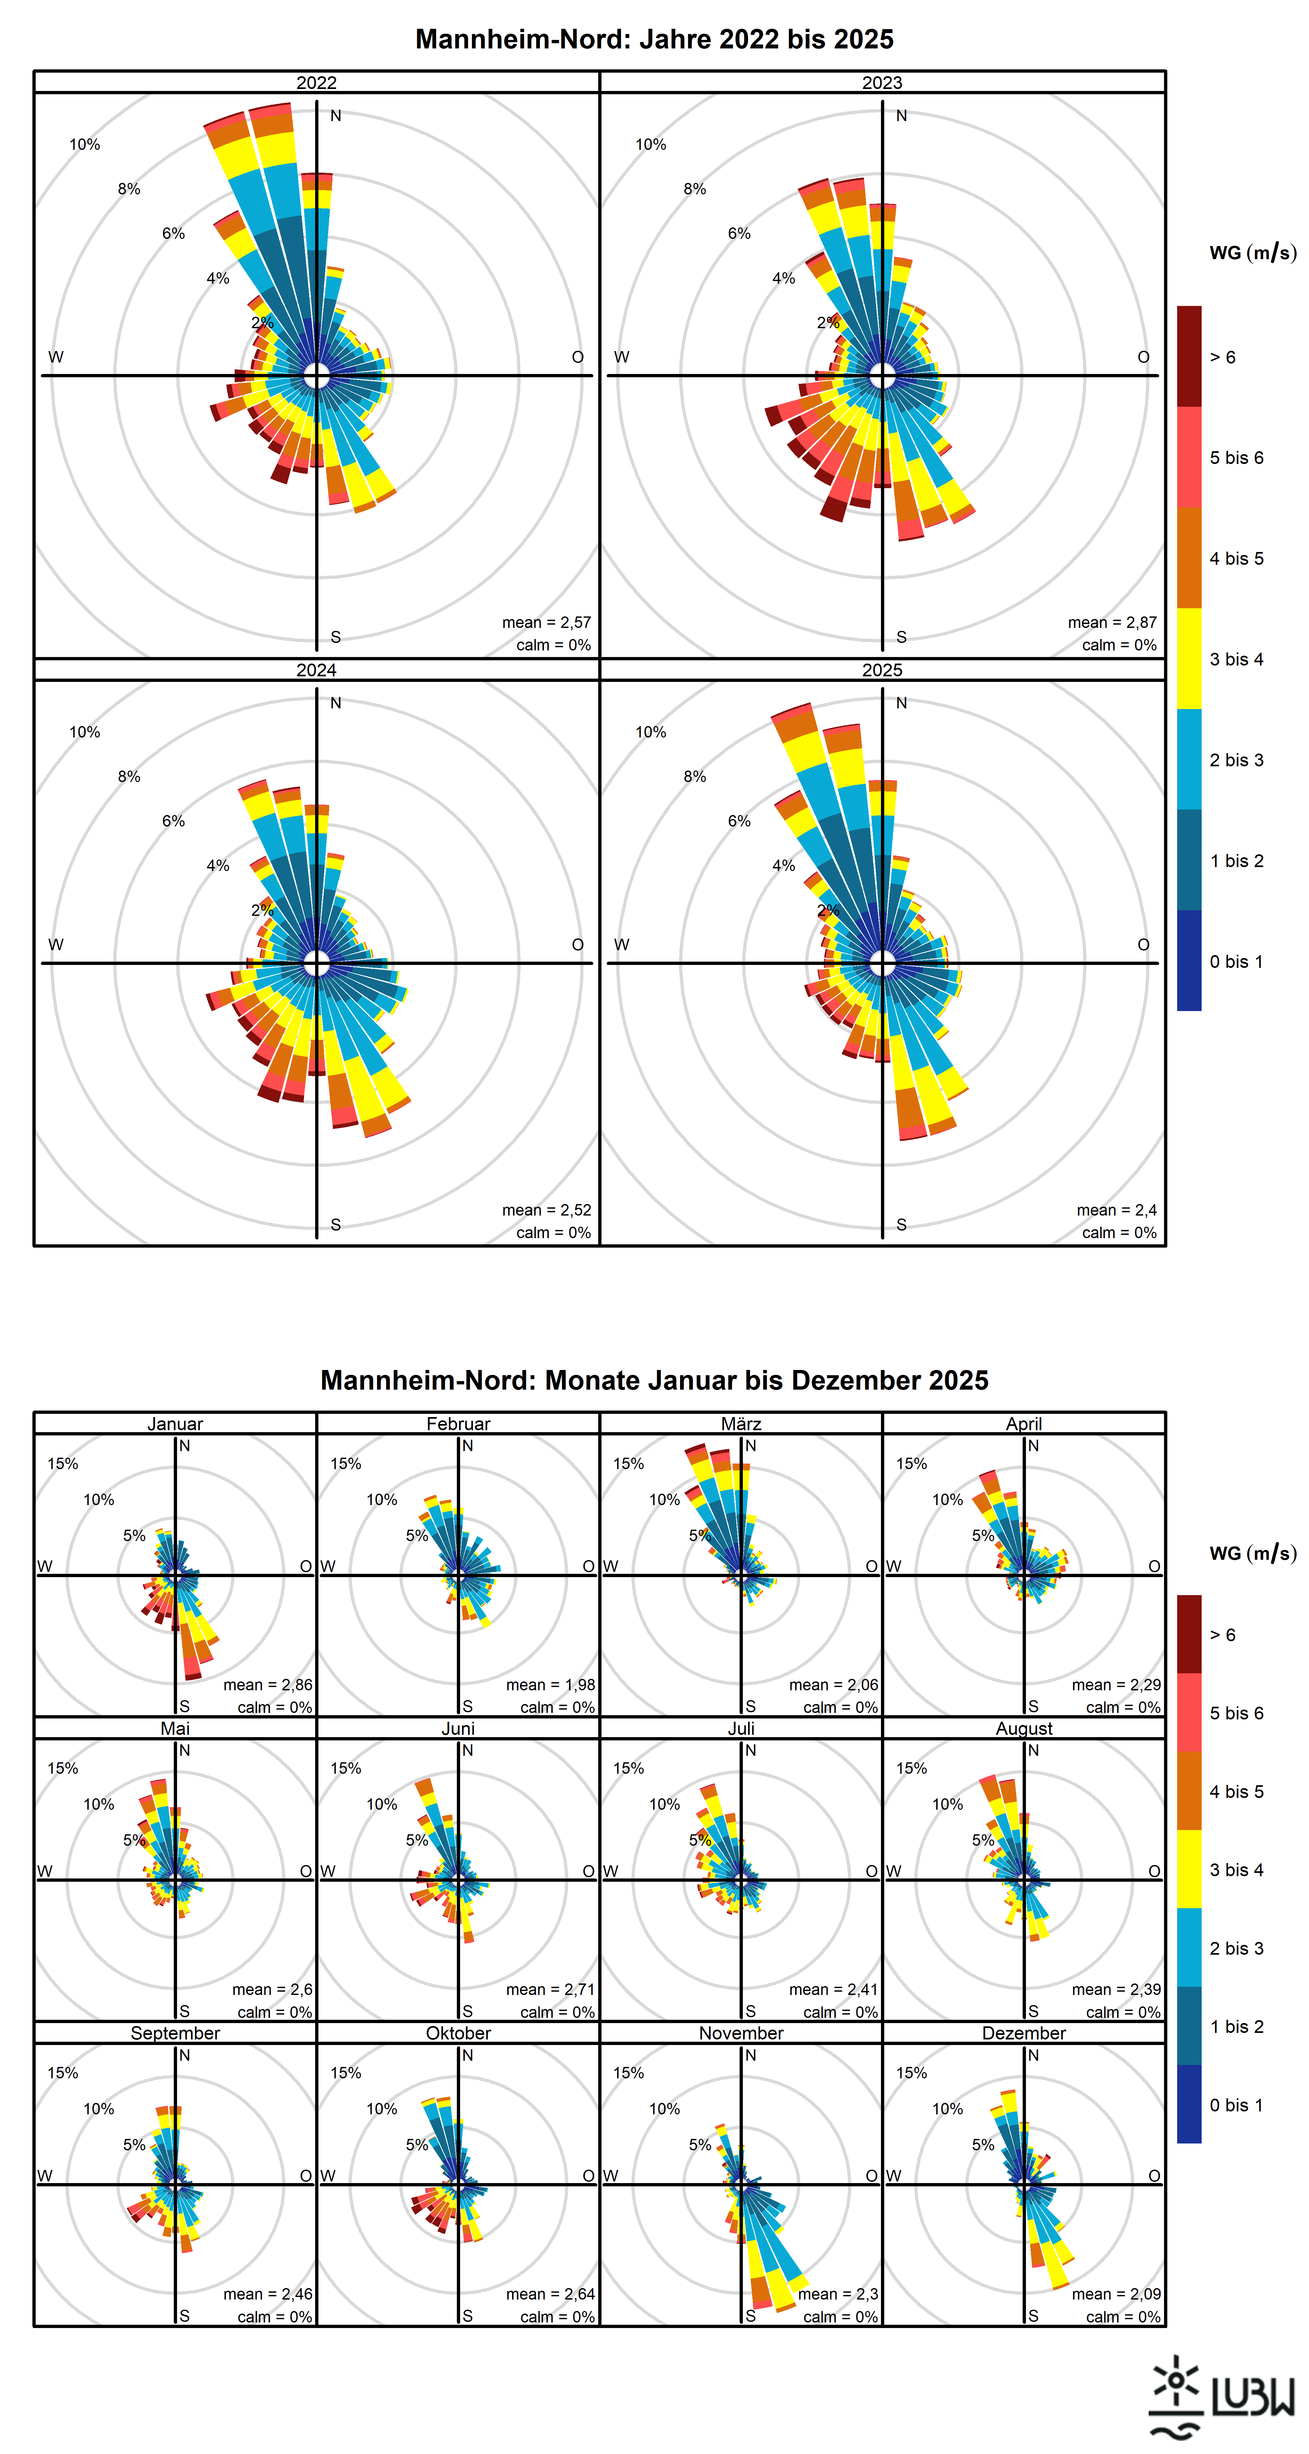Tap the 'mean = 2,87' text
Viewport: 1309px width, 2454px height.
point(1112,622)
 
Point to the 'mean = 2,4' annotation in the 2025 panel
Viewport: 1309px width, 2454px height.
point(1117,1210)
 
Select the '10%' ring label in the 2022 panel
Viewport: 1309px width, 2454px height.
point(85,145)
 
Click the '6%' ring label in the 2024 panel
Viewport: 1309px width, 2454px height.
point(173,821)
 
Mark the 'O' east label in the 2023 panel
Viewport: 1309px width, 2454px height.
point(1143,357)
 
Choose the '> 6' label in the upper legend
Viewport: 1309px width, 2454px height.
point(1222,357)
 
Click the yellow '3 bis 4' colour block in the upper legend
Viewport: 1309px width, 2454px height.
point(1189,658)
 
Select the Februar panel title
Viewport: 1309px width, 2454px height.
point(458,1423)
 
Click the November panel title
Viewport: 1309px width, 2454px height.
point(741,2033)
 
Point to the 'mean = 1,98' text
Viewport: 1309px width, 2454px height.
point(551,1684)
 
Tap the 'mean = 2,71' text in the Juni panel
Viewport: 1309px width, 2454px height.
point(551,1989)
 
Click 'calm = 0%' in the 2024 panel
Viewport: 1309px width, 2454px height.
point(553,1233)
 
